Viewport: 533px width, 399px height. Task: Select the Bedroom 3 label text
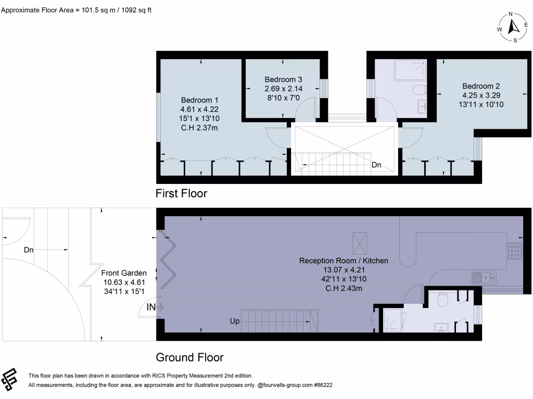283,79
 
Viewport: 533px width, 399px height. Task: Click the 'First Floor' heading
182,194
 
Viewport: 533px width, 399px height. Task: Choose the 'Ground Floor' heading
190,357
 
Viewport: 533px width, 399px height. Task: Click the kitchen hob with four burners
514,252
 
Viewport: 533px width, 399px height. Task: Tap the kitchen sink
485,277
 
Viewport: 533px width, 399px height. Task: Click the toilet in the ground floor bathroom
443,299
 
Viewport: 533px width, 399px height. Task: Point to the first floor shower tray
410,70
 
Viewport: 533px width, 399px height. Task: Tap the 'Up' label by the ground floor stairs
235,322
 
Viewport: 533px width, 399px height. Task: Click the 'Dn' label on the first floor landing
376,165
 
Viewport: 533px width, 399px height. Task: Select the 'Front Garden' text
123,273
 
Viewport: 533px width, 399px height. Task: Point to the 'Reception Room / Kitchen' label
344,260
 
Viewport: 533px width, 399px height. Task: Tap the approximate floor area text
77,9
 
